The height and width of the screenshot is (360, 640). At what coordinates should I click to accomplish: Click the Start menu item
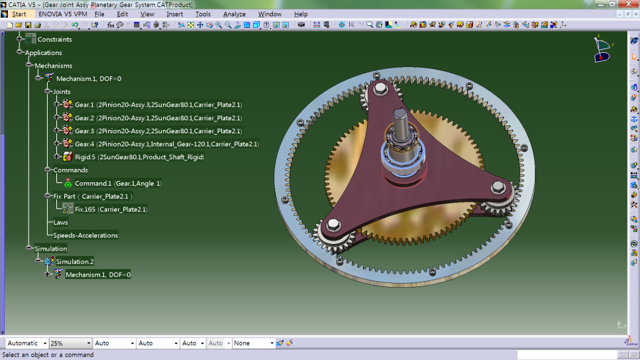point(19,14)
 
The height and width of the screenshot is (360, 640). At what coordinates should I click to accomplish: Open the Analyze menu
point(234,14)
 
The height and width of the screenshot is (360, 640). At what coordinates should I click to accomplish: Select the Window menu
point(270,14)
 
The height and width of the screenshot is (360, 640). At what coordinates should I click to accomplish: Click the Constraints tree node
point(54,39)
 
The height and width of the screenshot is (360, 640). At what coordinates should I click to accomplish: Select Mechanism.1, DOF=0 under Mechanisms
point(88,79)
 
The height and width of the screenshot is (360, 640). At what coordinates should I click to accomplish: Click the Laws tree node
point(61,222)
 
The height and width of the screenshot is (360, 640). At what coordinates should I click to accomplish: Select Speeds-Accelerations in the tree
point(85,235)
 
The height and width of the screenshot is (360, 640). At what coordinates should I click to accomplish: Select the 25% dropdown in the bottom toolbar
point(70,343)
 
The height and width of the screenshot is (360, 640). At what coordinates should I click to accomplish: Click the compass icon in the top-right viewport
point(602,48)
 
